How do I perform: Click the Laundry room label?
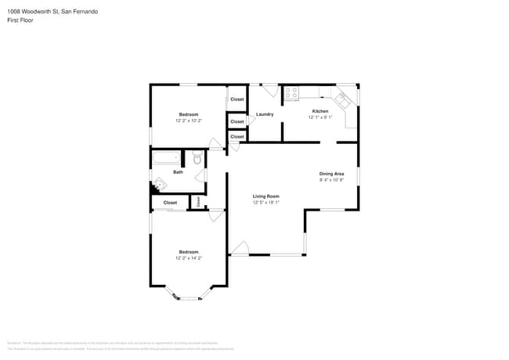[264, 115]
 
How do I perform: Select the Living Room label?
[265, 196]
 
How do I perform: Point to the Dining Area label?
[331, 173]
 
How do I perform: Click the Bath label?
[178, 172]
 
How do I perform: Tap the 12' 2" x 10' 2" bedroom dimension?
[188, 121]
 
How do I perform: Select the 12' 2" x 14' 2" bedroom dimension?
[188, 257]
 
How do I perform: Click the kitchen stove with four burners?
[291, 93]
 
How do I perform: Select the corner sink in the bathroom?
[158, 185]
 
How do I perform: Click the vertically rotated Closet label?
[198, 202]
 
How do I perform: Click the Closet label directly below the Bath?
[170, 203]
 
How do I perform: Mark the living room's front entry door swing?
[239, 248]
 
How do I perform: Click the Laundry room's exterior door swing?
[270, 90]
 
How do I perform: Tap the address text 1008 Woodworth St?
[38, 13]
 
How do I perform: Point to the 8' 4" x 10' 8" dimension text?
[331, 180]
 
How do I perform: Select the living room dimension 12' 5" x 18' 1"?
[265, 203]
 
